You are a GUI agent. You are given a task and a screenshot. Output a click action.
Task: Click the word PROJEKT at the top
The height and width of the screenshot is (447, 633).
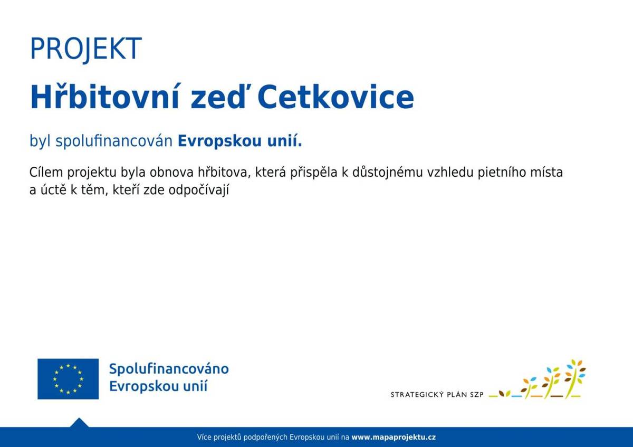click(x=86, y=49)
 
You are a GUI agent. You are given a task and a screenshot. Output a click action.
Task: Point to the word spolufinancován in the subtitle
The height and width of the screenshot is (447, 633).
click(x=114, y=141)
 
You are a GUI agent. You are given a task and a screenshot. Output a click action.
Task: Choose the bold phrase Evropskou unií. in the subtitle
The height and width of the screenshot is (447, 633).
click(x=240, y=141)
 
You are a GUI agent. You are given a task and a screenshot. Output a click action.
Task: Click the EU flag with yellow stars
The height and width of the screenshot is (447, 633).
click(x=68, y=379)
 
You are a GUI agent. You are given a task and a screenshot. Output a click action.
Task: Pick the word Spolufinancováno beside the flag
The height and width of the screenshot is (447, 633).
click(x=169, y=369)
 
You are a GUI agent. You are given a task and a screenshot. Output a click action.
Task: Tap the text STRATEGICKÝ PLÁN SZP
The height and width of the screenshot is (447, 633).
click(x=437, y=395)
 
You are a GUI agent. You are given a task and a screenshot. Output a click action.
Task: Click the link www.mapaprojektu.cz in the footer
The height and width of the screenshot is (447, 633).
click(x=394, y=438)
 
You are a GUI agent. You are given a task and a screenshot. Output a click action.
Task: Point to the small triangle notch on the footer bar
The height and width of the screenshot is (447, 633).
click(x=79, y=422)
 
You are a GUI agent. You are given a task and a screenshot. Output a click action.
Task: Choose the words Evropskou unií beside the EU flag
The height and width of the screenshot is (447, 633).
click(x=158, y=386)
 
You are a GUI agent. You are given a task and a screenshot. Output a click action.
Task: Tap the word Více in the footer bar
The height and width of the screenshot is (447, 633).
click(x=204, y=438)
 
